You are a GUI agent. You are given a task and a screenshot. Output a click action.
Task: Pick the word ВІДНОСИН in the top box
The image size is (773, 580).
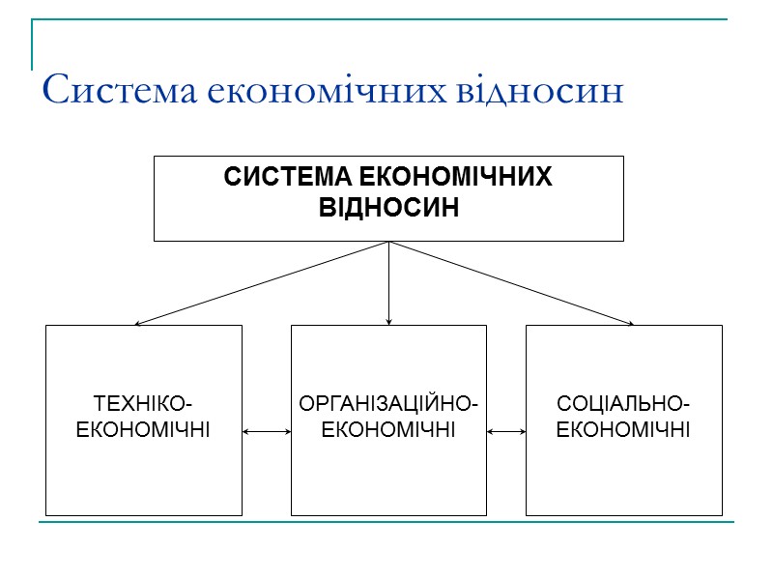click(x=388, y=208)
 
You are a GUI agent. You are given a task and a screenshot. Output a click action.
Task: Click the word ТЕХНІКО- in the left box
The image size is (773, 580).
click(x=143, y=402)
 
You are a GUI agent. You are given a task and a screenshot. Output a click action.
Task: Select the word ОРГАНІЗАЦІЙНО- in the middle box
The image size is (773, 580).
click(x=388, y=402)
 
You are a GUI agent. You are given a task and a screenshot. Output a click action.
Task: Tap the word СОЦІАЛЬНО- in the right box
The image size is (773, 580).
click(x=623, y=402)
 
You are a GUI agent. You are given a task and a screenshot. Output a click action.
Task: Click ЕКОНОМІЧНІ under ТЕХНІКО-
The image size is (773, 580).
click(x=143, y=427)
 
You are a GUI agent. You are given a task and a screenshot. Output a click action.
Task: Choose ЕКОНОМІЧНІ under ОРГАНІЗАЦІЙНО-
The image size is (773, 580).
click(x=388, y=427)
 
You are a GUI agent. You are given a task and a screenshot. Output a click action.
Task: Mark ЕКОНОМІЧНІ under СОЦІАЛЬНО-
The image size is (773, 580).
click(x=623, y=427)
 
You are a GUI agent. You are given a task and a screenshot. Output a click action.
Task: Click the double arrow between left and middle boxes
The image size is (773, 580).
click(x=267, y=432)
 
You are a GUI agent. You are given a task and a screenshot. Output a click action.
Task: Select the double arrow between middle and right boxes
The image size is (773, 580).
click(x=506, y=432)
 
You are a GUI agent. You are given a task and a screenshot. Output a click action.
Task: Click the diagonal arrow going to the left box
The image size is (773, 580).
click(x=262, y=282)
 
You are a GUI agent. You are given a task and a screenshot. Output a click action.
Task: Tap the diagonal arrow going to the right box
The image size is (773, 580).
click(x=512, y=282)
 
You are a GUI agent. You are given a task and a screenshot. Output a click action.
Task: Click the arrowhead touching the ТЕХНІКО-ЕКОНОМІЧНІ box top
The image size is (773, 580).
click(x=139, y=323)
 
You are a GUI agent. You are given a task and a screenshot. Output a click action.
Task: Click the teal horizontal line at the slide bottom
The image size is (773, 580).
click(x=386, y=523)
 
